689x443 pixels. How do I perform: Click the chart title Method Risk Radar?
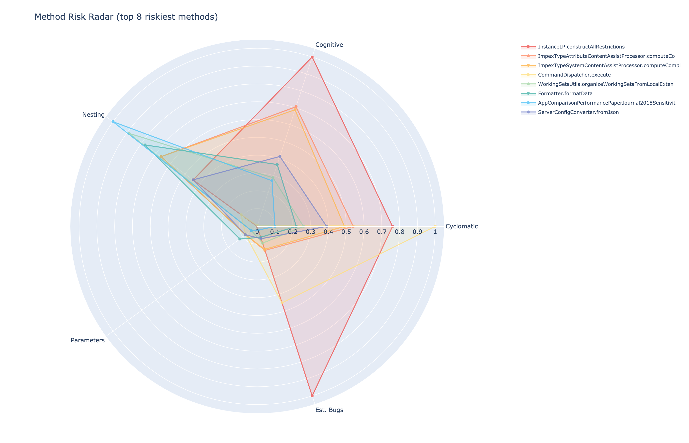coord(126,17)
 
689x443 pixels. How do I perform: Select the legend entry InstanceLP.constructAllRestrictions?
coord(581,47)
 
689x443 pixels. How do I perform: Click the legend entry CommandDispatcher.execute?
coord(574,75)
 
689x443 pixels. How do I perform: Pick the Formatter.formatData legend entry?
coord(565,94)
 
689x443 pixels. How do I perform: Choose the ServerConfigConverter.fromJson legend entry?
coord(578,112)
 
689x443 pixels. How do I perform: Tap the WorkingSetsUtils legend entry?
coord(605,84)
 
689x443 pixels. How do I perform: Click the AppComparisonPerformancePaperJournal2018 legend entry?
coord(606,103)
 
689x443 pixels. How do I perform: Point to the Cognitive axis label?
coord(329,45)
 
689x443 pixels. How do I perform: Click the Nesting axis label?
coord(93,115)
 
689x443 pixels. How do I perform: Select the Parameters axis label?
coord(87,340)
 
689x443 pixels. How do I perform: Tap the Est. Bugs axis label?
coord(329,410)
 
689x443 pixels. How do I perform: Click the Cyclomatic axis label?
coord(461,226)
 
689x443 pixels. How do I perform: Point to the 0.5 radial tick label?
coord(346,232)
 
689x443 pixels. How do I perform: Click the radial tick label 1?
coord(435,232)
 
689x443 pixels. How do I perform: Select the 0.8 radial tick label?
coord(399,232)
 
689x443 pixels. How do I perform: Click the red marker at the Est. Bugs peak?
coord(312,396)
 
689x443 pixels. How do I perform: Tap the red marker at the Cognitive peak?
coord(312,57)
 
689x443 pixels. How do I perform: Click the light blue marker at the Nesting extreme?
coord(113,122)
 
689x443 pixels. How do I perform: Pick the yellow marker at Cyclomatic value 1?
coord(435,226)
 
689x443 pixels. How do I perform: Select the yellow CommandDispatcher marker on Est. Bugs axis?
coord(282,303)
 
